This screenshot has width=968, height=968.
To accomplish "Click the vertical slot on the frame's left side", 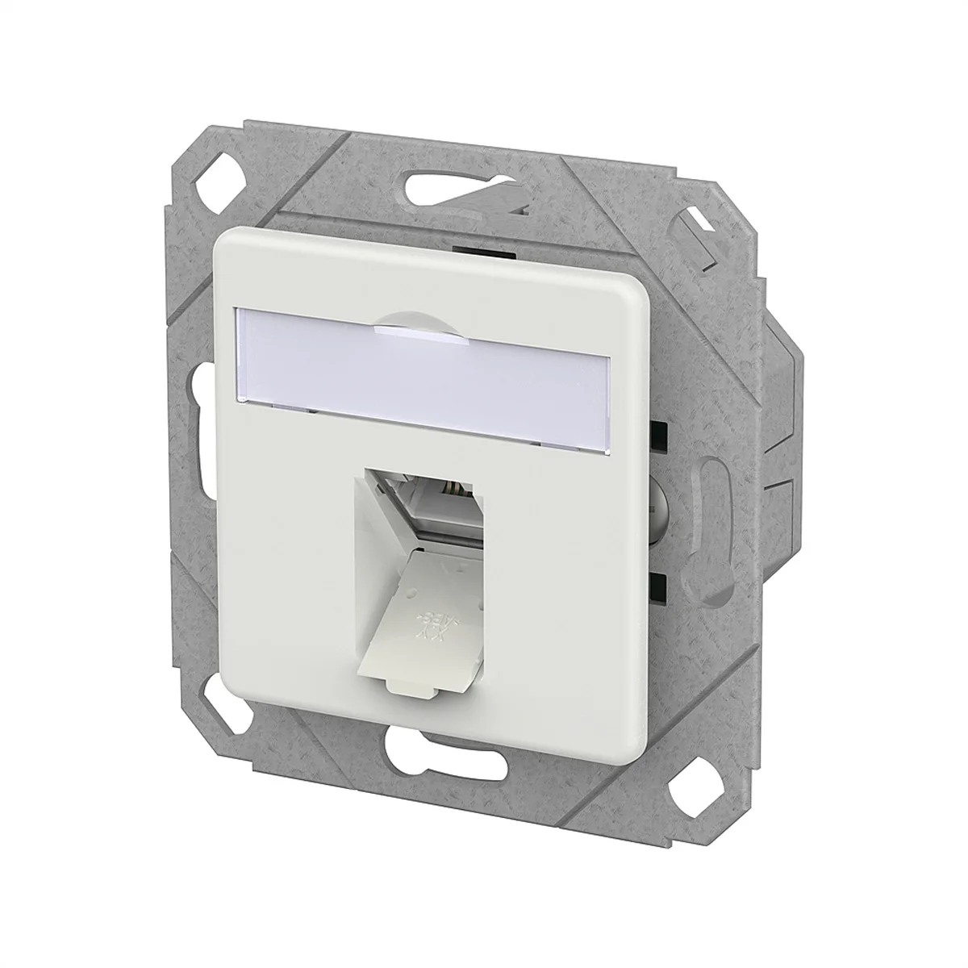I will (194, 419).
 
